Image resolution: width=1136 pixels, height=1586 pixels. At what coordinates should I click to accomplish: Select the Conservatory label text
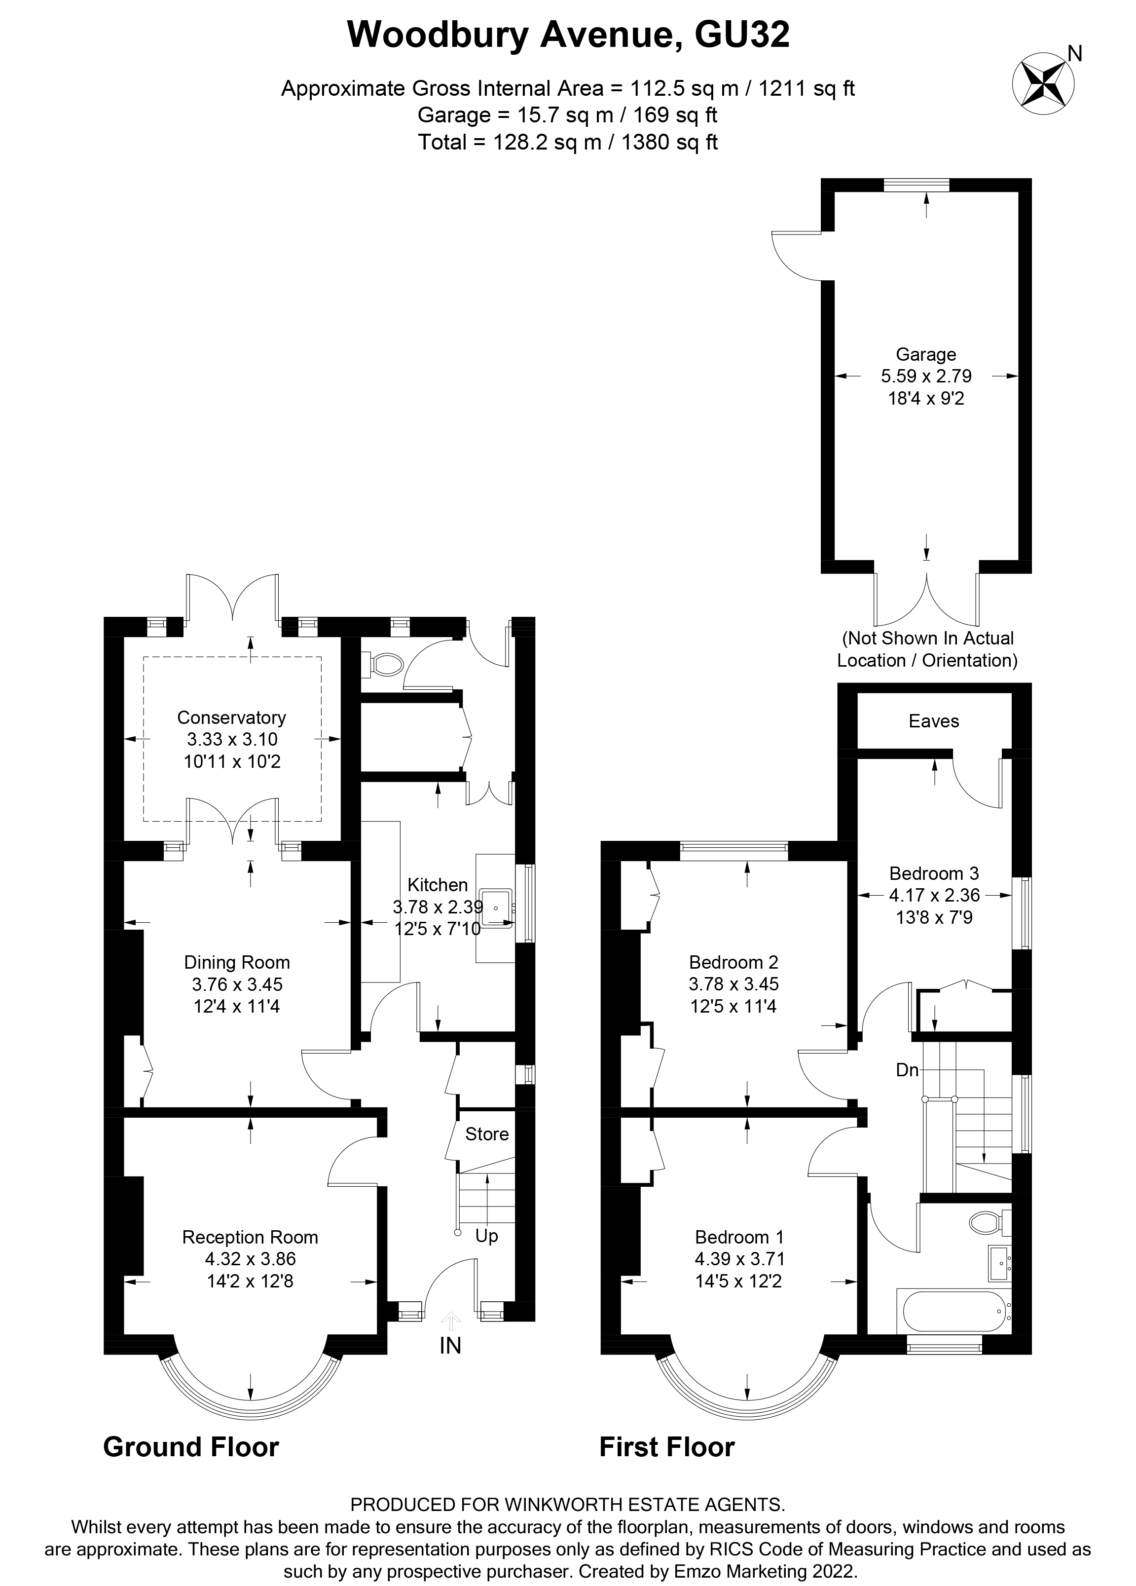231,717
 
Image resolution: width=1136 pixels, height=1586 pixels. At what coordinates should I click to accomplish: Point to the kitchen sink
497,907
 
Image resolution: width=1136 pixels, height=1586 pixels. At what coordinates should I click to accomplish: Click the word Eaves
934,721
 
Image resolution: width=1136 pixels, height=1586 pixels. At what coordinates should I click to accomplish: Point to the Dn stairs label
908,1069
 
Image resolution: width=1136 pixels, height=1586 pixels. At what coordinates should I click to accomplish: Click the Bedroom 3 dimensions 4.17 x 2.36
935,894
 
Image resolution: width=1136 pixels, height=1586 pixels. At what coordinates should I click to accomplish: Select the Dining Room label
237,962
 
